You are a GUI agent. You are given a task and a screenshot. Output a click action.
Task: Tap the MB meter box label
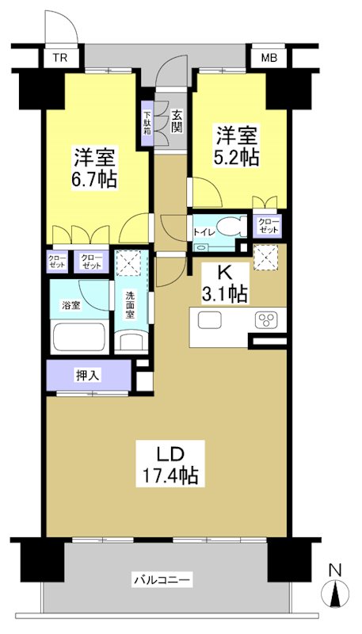269,58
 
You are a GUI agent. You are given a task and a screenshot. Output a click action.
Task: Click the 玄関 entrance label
176,122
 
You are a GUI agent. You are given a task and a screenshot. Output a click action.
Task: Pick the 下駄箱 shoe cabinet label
147,124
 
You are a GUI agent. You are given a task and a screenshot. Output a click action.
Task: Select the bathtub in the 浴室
78,338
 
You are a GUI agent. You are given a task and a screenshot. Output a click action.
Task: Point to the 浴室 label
70,306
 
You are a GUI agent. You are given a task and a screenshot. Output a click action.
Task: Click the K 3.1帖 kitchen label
225,284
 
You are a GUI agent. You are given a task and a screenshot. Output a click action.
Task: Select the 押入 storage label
87,376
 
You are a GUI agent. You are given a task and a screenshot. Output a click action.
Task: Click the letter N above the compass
335,570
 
